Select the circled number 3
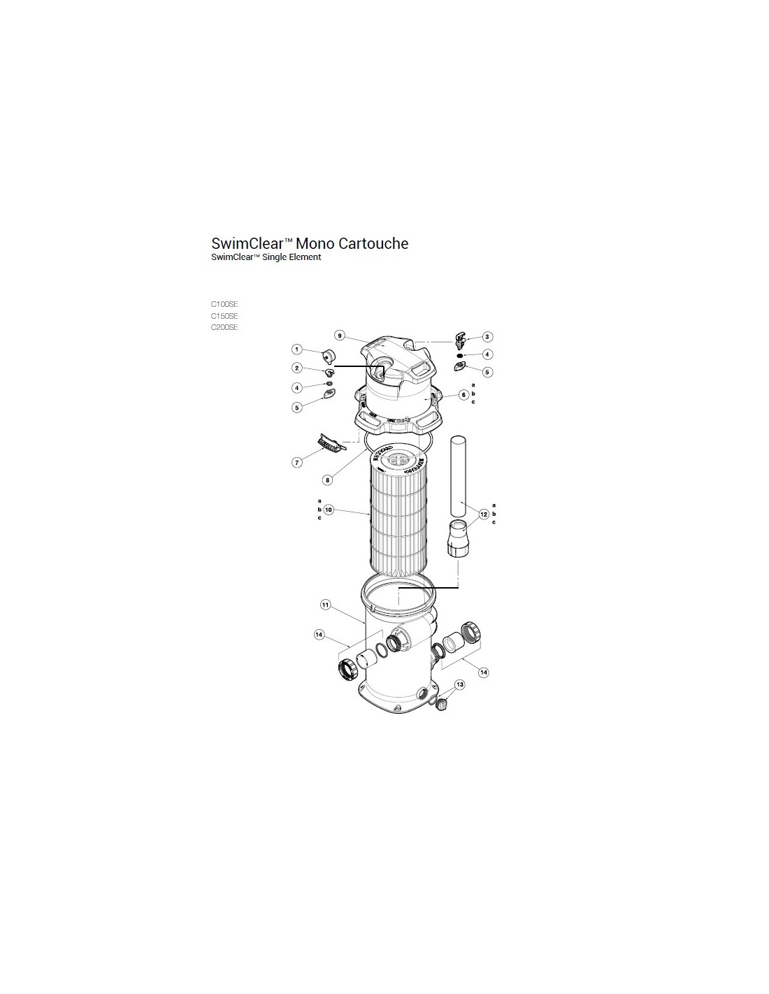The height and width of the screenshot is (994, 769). [487, 337]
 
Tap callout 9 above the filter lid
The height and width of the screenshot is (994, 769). [340, 336]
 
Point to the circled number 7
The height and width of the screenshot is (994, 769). [297, 463]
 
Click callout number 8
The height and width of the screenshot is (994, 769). [327, 480]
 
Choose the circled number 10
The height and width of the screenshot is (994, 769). [329, 509]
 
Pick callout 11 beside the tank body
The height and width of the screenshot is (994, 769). [325, 605]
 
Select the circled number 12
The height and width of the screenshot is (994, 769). [484, 514]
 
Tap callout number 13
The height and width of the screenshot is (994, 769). [460, 684]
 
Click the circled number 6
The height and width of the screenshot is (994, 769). [464, 394]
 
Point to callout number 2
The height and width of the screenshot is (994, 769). [297, 368]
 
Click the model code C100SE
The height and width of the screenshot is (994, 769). [224, 304]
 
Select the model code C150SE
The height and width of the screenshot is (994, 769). [224, 316]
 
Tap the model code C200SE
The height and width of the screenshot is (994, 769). [224, 327]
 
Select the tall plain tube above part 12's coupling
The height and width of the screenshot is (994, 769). [459, 476]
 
